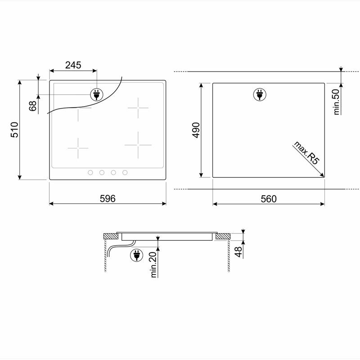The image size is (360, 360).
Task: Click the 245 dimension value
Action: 73,65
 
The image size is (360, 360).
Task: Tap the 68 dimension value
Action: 32,106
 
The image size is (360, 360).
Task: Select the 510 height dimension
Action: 14,130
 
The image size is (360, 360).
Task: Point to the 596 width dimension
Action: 108,198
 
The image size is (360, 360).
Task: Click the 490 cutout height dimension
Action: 195,130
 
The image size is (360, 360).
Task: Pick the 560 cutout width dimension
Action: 268,198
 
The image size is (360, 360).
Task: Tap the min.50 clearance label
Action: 336,102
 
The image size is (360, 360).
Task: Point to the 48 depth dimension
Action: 238,251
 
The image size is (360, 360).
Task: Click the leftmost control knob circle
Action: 90,172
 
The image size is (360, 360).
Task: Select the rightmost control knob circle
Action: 125,172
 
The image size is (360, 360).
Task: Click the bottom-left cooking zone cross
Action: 78,148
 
